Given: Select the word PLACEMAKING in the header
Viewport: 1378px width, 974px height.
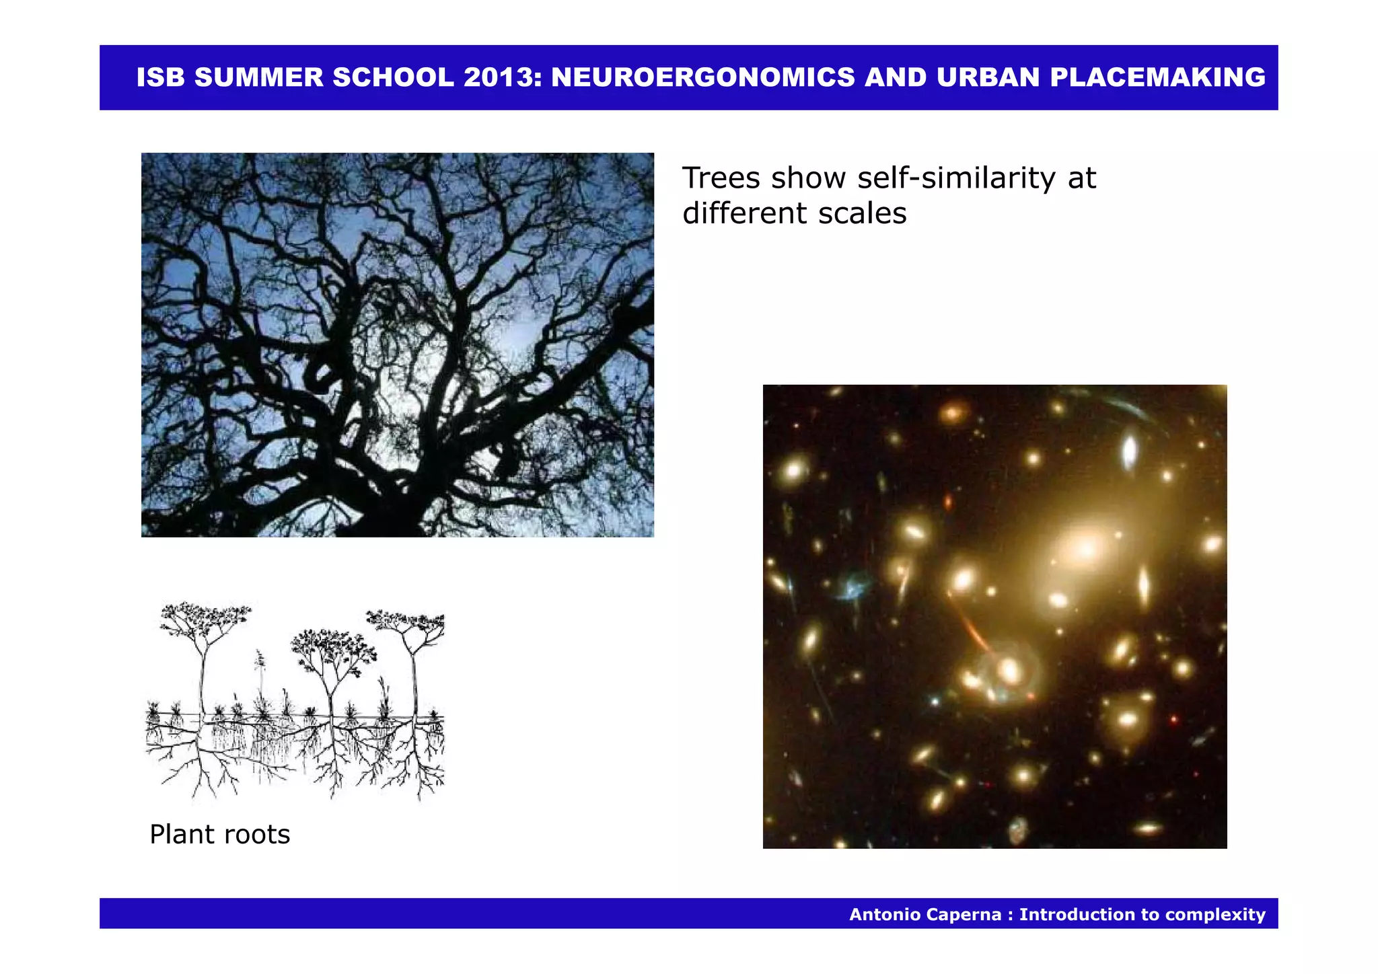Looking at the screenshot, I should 1158,77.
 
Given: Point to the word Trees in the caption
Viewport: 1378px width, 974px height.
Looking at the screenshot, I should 721,178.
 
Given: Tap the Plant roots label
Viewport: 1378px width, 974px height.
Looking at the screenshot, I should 219,834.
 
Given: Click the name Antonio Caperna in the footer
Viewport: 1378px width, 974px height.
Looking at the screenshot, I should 924,914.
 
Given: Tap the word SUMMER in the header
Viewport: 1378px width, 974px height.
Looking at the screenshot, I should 259,77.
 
